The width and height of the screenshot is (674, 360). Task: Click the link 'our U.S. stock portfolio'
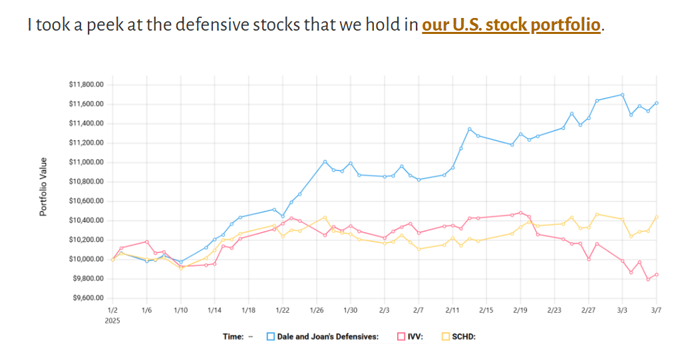pyautogui.click(x=511, y=25)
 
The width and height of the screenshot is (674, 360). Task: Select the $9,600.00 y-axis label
pyautogui.click(x=86, y=298)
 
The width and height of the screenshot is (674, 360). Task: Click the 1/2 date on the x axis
pyautogui.click(x=112, y=310)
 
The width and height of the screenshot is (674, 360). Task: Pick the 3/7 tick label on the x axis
pyautogui.click(x=656, y=310)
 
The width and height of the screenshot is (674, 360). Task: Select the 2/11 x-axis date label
pyautogui.click(x=452, y=310)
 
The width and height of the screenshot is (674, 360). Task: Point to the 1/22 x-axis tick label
pyautogui.click(x=282, y=310)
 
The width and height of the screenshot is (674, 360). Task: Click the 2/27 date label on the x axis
pyautogui.click(x=588, y=310)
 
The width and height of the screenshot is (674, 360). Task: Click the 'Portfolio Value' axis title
pyautogui.click(x=43, y=187)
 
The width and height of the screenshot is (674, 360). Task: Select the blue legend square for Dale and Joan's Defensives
pyautogui.click(x=271, y=337)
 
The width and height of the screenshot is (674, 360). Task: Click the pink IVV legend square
pyautogui.click(x=401, y=337)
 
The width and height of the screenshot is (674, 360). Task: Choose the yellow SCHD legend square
pyautogui.click(x=446, y=337)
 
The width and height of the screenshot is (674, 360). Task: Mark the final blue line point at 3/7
pyautogui.click(x=657, y=102)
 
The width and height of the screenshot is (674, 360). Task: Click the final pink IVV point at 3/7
pyautogui.click(x=657, y=274)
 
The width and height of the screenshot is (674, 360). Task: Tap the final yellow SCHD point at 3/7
pyautogui.click(x=657, y=217)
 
